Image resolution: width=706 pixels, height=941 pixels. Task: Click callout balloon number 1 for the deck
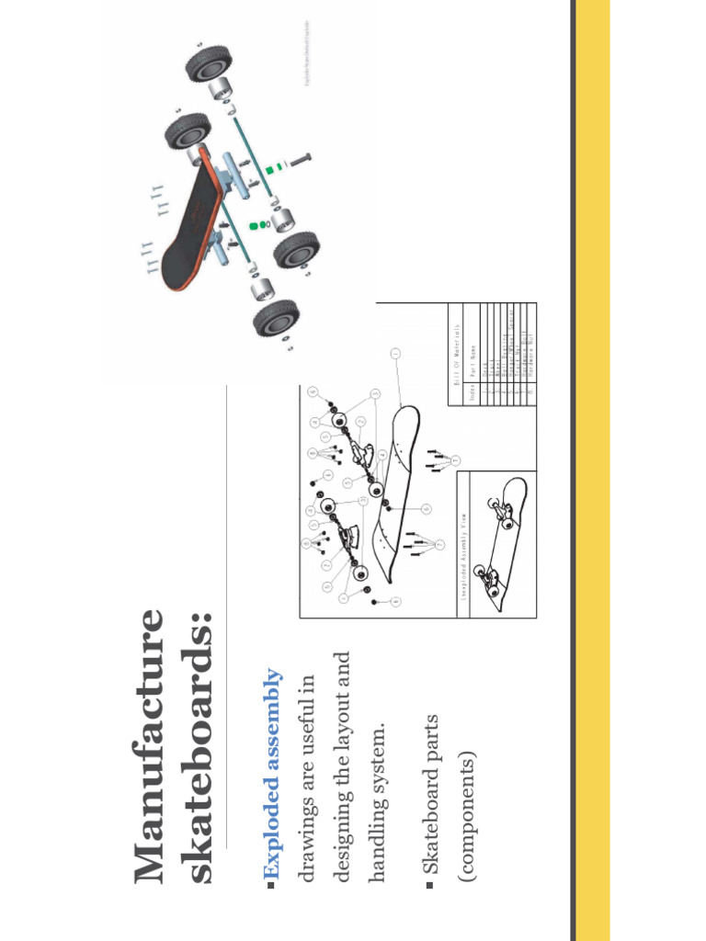pos(394,353)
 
